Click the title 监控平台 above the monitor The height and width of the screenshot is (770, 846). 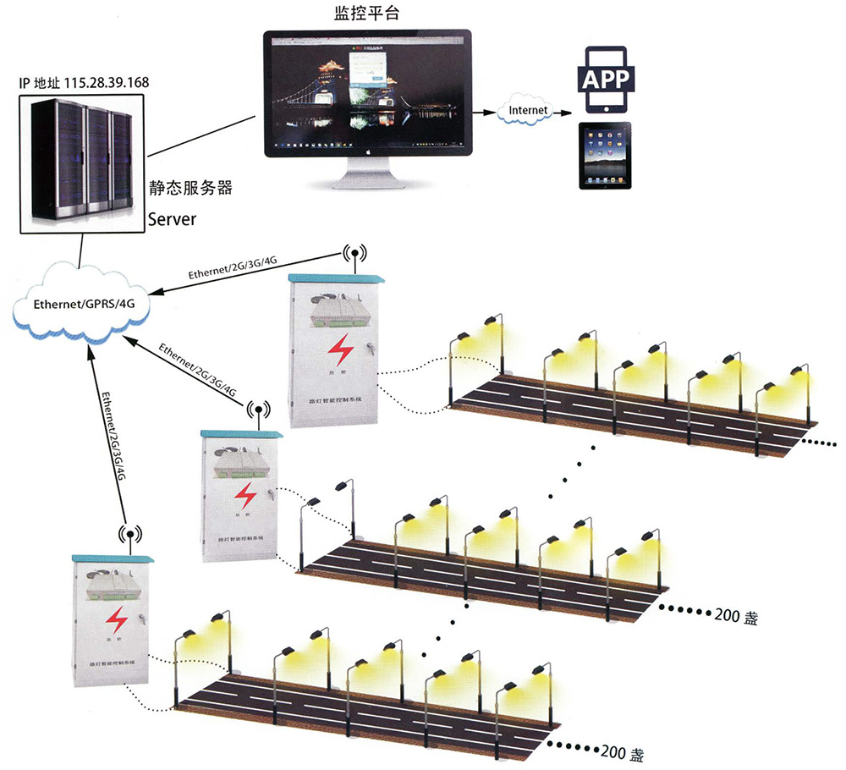[x=364, y=14]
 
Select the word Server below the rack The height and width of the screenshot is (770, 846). [x=173, y=219]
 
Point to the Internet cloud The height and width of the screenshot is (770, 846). [x=527, y=110]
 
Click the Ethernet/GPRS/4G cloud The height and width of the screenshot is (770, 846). [x=82, y=305]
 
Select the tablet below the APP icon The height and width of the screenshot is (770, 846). [x=604, y=157]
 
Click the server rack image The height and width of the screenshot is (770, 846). [x=81, y=162]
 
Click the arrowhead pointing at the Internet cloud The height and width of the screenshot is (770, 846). [x=493, y=111]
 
